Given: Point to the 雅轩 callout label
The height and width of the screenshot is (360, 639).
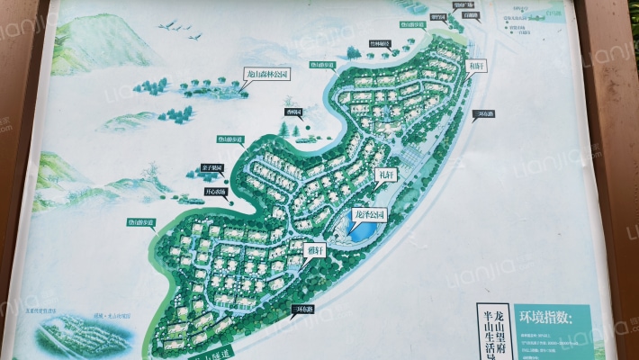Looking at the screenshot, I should [x=315, y=252].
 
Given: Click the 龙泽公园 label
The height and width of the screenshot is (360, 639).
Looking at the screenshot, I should [x=369, y=214].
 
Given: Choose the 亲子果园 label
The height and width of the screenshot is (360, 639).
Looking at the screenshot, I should [x=212, y=167].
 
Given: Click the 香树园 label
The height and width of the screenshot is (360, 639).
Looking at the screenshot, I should [x=293, y=112].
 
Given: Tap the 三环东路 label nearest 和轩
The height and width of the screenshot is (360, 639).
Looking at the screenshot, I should [x=483, y=113].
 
